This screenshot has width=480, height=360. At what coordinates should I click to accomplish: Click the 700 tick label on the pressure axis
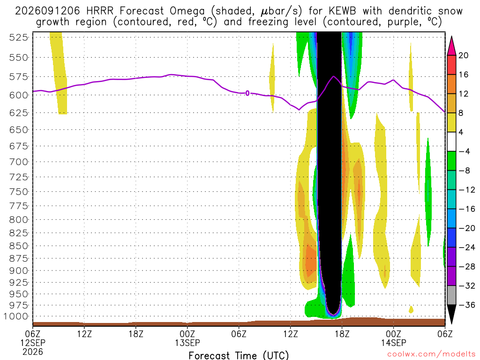click(x=18, y=162)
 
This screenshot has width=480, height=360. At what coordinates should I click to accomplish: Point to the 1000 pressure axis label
click(x=16, y=316)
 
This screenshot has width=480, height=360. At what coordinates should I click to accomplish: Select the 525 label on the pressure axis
click(x=18, y=37)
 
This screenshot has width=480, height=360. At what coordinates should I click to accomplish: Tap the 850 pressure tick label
click(x=18, y=246)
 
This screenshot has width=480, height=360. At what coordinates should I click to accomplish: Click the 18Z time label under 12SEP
click(x=136, y=334)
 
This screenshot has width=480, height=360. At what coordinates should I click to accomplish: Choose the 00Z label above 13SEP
click(x=187, y=334)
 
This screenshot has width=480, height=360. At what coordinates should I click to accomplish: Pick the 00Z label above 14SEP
click(x=393, y=334)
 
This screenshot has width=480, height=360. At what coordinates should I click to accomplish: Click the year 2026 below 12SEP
click(x=33, y=352)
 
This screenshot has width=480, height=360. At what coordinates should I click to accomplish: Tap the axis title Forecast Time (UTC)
click(x=239, y=355)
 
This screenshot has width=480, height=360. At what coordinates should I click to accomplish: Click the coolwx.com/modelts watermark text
click(x=432, y=354)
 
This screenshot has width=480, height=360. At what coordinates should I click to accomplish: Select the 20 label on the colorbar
click(x=463, y=55)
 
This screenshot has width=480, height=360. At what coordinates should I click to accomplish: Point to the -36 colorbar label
click(x=467, y=305)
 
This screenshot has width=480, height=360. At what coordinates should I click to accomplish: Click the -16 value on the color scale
click(x=467, y=209)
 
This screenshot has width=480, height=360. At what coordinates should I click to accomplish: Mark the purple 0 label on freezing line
click(x=247, y=93)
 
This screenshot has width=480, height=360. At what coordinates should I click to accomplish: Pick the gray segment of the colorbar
click(x=451, y=295)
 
